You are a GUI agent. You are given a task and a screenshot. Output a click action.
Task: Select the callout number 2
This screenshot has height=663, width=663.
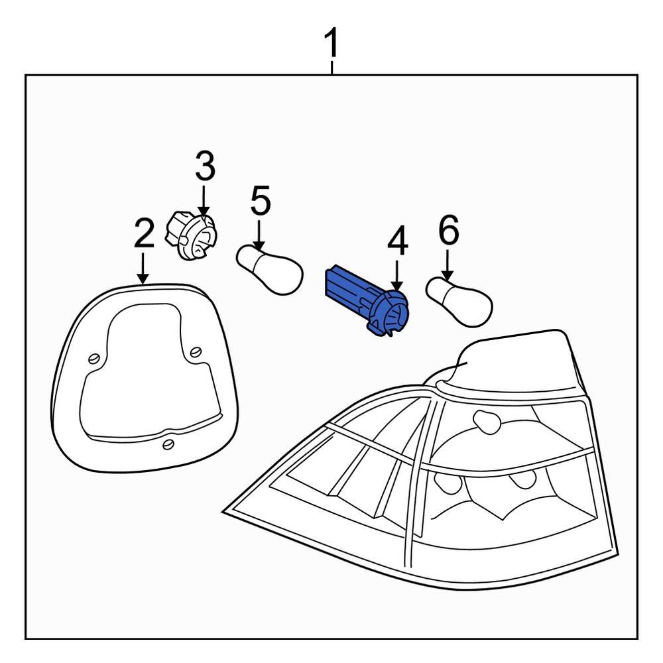tap(143, 233)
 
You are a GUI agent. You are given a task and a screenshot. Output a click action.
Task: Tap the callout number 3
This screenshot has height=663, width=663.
tap(205, 167)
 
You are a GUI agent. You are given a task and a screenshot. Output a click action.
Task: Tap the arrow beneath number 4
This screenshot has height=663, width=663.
tap(396, 276)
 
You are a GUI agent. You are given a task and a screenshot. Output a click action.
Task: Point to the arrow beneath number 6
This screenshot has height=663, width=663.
tap(448, 265)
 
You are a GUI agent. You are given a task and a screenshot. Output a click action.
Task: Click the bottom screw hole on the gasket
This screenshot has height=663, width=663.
tap(169, 444)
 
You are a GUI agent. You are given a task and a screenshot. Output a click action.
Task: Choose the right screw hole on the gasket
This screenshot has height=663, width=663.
tap(196, 351)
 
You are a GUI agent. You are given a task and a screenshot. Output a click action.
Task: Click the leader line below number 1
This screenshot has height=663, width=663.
tap(331, 66)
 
